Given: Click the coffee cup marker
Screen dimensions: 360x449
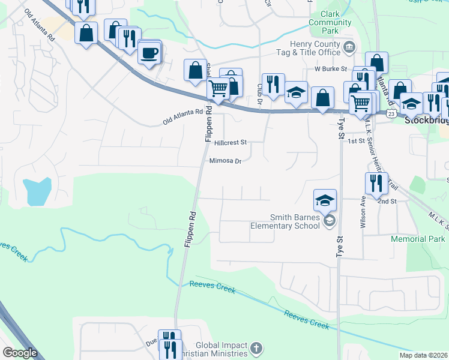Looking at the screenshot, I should pyautogui.click(x=149, y=53).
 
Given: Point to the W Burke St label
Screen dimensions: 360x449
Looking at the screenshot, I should pyautogui.click(x=331, y=68).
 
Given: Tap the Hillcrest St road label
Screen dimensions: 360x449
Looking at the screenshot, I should pyautogui.click(x=230, y=143).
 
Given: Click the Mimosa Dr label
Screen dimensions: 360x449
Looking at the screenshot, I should pyautogui.click(x=225, y=161).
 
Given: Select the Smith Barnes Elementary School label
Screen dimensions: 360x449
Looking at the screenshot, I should pyautogui.click(x=285, y=221).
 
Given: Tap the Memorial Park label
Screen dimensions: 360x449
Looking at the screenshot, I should pyautogui.click(x=418, y=239).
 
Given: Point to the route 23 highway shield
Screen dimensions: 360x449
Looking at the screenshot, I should pyautogui.click(x=391, y=113).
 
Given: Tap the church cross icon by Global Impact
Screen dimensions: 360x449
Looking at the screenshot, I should pyautogui.click(x=256, y=348).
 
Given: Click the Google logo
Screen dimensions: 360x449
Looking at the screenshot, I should pyautogui.click(x=20, y=353).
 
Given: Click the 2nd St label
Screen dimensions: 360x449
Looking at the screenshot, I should pyautogui.click(x=387, y=202).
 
